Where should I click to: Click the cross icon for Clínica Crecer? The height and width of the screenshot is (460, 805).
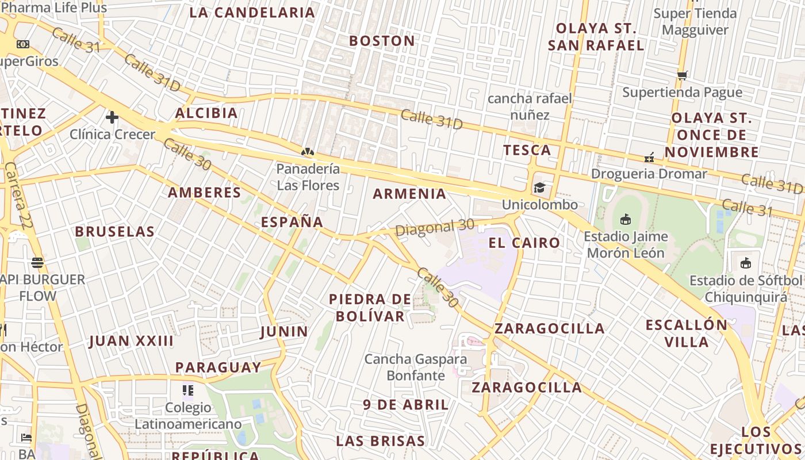click(112, 117)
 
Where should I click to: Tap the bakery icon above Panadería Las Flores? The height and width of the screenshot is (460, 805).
click(308, 152)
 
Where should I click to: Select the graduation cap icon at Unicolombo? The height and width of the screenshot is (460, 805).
click(539, 187)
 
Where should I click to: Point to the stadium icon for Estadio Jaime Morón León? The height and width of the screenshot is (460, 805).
click(626, 219)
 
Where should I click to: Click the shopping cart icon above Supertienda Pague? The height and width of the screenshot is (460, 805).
click(682, 75)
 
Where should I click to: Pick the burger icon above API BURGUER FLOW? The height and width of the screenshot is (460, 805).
click(38, 263)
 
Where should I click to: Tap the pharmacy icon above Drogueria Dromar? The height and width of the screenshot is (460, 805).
click(649, 157)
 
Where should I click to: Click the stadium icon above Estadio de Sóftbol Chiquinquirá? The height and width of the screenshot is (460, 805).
click(746, 263)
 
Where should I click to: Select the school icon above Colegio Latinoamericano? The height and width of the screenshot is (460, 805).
click(187, 391)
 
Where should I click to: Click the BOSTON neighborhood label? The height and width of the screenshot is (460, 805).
click(382, 41)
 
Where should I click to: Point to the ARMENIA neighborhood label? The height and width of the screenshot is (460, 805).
click(409, 194)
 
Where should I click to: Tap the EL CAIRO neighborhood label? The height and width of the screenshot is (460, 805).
click(524, 243)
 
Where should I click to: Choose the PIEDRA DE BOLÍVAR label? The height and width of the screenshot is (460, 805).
click(370, 308)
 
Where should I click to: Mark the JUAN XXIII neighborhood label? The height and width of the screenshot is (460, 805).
click(131, 341)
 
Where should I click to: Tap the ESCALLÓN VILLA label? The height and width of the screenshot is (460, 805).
click(687, 333)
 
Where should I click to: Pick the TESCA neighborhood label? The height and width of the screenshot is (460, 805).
click(527, 150)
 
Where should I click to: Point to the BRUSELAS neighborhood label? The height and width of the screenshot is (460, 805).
click(114, 232)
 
